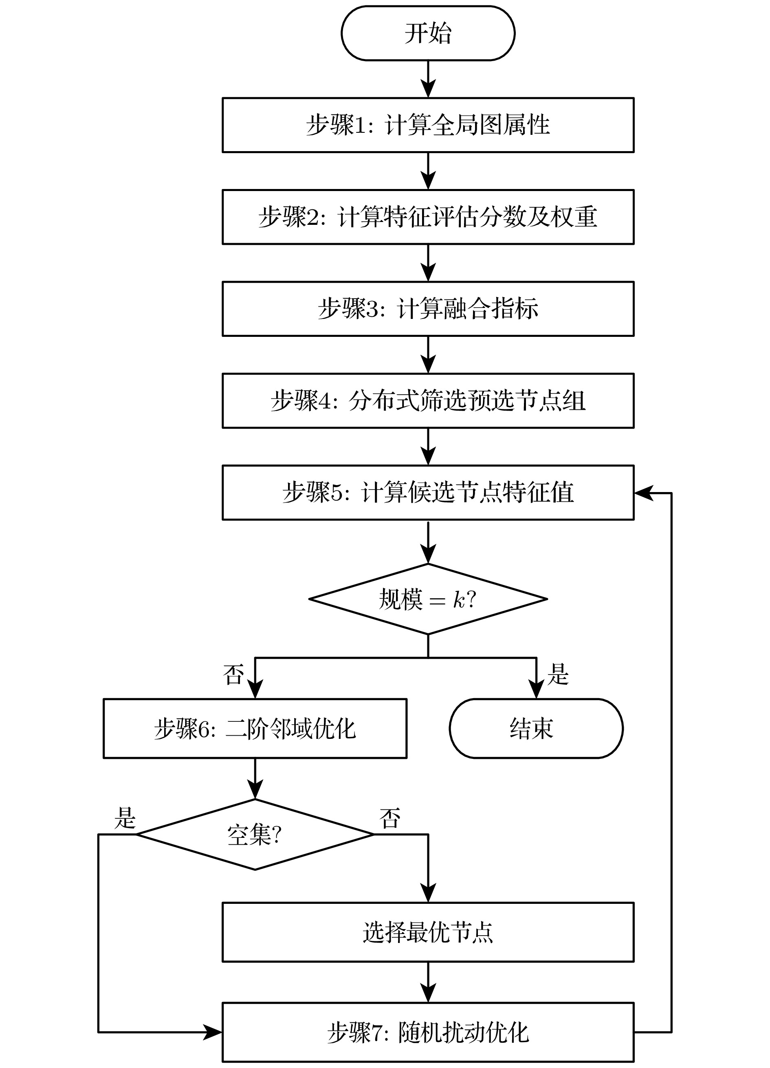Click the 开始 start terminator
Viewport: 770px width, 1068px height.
tap(428, 33)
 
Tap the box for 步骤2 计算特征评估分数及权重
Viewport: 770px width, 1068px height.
tap(428, 217)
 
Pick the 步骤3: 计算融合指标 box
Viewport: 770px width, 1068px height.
tap(428, 309)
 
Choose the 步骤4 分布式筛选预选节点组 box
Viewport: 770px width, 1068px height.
tap(428, 401)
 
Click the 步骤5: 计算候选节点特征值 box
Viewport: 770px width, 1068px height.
tap(428, 492)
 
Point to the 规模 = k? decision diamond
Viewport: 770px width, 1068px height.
tap(428, 599)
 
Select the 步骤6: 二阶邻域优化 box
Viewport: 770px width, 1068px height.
tap(255, 728)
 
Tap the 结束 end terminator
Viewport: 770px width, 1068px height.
tap(536, 728)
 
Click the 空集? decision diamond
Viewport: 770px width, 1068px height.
tap(255, 835)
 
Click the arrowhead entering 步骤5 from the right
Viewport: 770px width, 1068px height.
tap(643, 493)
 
